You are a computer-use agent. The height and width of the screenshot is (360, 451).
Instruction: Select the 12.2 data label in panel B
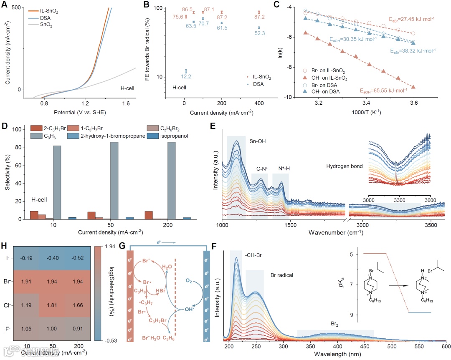186,77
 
